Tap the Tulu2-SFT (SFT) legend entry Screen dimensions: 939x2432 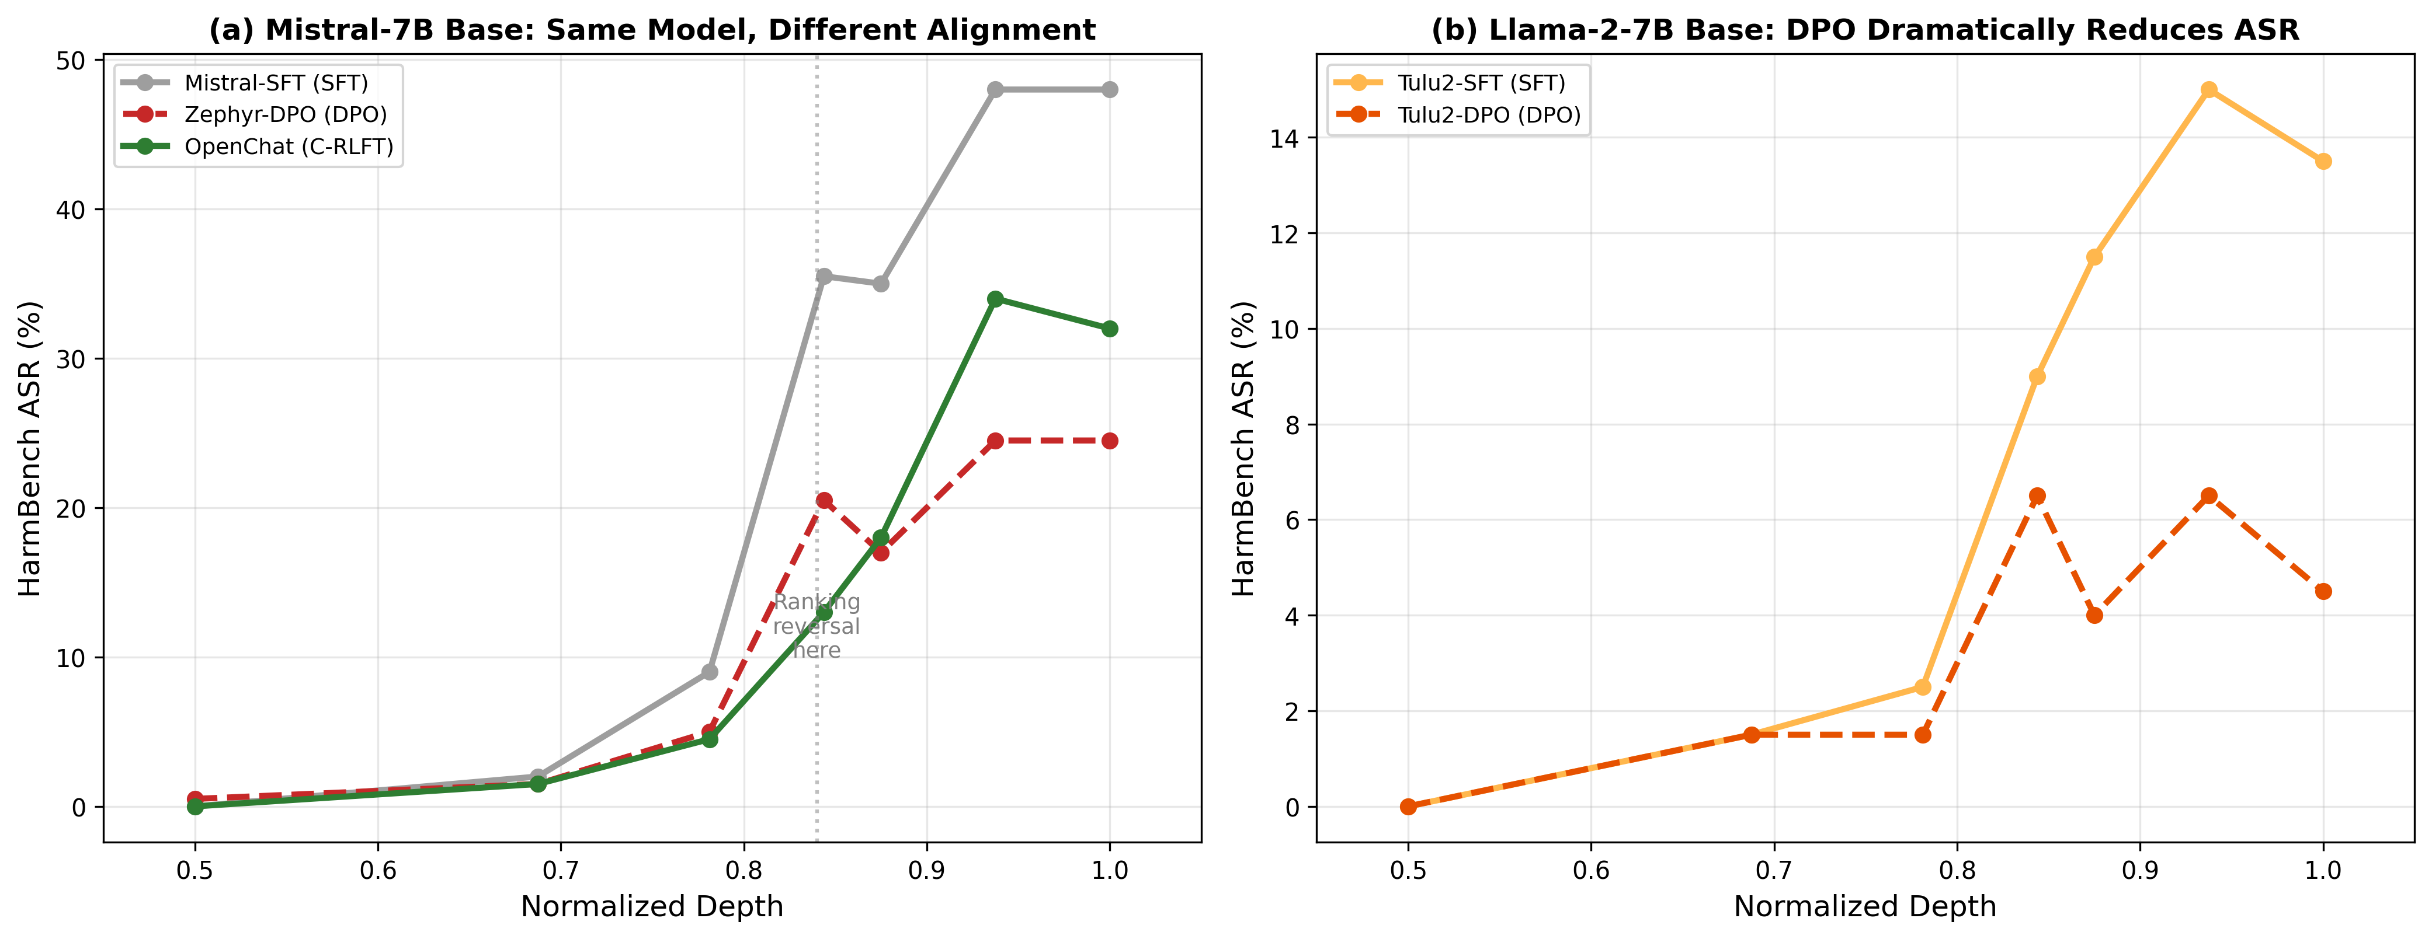[x=1481, y=83]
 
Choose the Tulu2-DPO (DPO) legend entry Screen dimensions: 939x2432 [x=1489, y=115]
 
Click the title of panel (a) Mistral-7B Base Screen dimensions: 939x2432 [x=651, y=30]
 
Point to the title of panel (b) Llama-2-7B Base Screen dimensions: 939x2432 [x=1865, y=30]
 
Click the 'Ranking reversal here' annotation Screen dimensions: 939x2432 [x=817, y=626]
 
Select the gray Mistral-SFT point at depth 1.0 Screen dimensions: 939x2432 [x=1109, y=90]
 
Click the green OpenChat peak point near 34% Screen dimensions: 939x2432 [x=995, y=299]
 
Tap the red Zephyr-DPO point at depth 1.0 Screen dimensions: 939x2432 [x=1109, y=441]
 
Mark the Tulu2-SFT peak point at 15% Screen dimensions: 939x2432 [x=2208, y=90]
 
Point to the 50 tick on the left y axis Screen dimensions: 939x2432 [x=71, y=60]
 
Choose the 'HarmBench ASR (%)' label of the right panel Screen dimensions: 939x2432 [x=1243, y=448]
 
